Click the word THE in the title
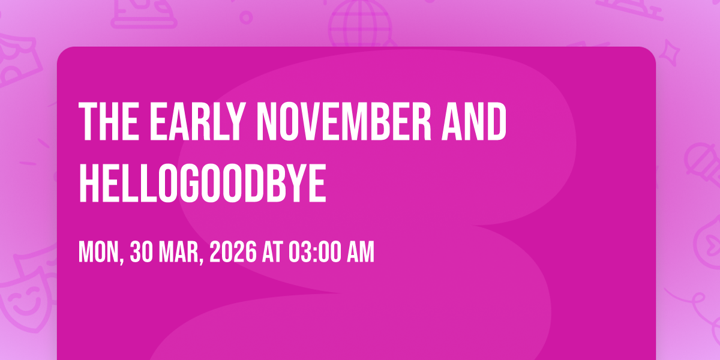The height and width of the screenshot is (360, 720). (109, 121)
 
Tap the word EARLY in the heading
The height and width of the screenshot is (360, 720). (196, 121)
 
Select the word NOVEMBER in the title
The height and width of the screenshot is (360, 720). (344, 121)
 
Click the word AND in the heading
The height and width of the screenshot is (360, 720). (474, 121)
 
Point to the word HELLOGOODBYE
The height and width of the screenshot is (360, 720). (203, 183)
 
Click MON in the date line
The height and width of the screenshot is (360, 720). (100, 253)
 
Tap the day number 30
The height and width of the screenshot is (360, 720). (141, 253)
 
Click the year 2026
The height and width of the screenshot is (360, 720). (233, 253)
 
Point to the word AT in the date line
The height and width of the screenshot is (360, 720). (272, 253)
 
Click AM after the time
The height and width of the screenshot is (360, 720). (361, 253)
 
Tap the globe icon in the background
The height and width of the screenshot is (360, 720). (359, 23)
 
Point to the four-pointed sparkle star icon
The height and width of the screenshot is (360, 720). (670, 52)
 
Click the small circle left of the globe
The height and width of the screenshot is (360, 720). (246, 17)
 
